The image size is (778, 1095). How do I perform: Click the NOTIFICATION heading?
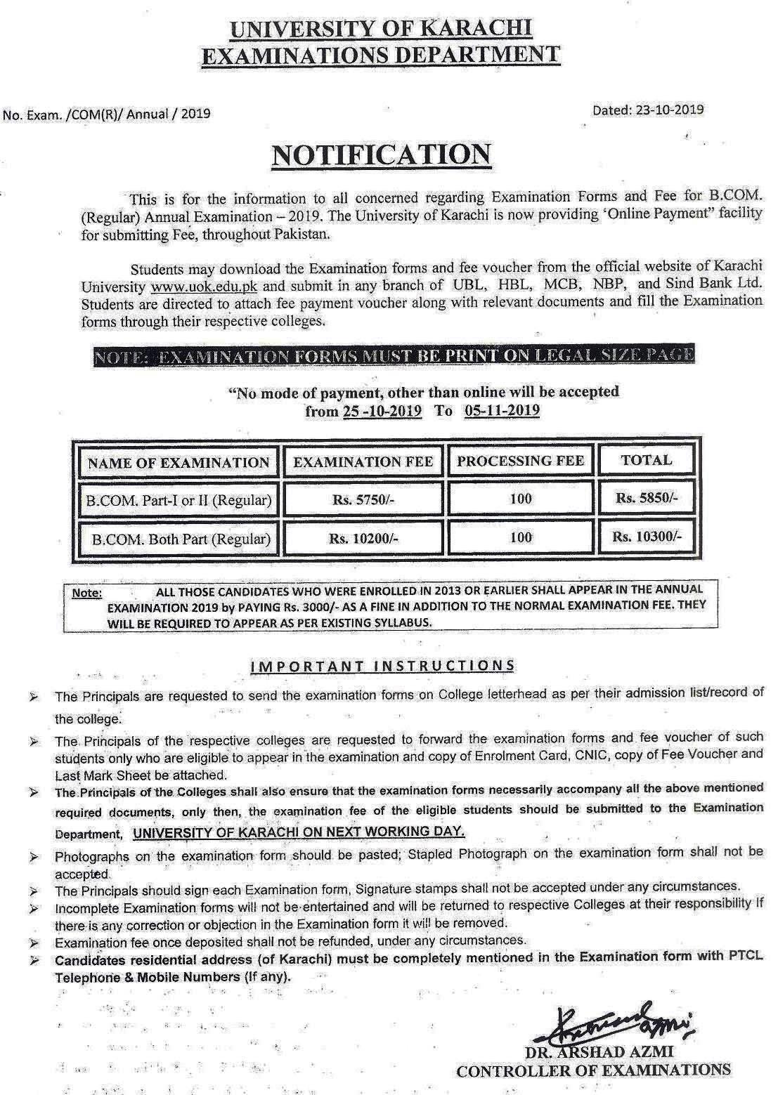(x=381, y=155)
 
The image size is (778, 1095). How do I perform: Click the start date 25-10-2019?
(x=382, y=412)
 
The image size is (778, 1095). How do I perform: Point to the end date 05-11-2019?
(x=502, y=411)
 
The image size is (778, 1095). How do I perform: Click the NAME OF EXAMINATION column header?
(x=179, y=463)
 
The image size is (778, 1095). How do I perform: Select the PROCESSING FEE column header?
(x=520, y=461)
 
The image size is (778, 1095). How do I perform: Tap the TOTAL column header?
(x=646, y=460)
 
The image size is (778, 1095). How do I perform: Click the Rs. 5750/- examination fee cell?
(x=363, y=500)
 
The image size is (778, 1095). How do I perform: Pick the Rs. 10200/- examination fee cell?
(x=363, y=539)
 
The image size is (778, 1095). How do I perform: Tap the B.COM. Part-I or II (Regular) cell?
(x=179, y=500)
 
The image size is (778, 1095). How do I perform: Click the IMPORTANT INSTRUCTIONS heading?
(x=383, y=665)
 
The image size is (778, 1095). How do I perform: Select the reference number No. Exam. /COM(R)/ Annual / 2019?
(x=107, y=113)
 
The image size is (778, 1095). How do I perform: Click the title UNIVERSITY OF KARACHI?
(x=382, y=29)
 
